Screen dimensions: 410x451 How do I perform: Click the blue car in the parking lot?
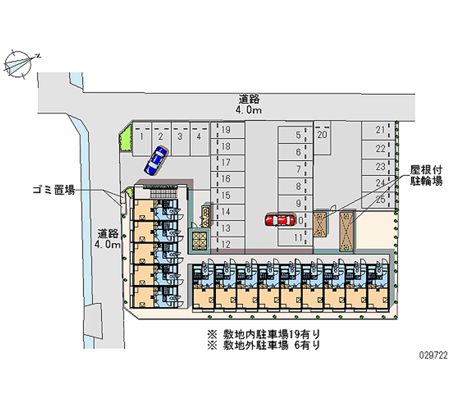(x=155, y=161)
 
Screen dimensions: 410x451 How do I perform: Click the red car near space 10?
(x=280, y=220)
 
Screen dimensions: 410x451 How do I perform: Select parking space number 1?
(x=143, y=136)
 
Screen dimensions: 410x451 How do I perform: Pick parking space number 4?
(x=198, y=136)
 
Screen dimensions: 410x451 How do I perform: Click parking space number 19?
(x=226, y=130)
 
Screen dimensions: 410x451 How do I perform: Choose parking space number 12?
(x=226, y=244)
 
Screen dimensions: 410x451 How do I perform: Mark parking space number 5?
(x=297, y=135)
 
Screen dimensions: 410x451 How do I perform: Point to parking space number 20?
(x=322, y=135)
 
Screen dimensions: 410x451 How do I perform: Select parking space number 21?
(x=380, y=130)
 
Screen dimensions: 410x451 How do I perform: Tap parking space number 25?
(x=380, y=199)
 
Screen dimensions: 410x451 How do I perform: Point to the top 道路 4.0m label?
(x=249, y=104)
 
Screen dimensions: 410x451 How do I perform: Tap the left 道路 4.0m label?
(x=107, y=238)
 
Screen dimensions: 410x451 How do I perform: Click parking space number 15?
(x=226, y=196)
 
